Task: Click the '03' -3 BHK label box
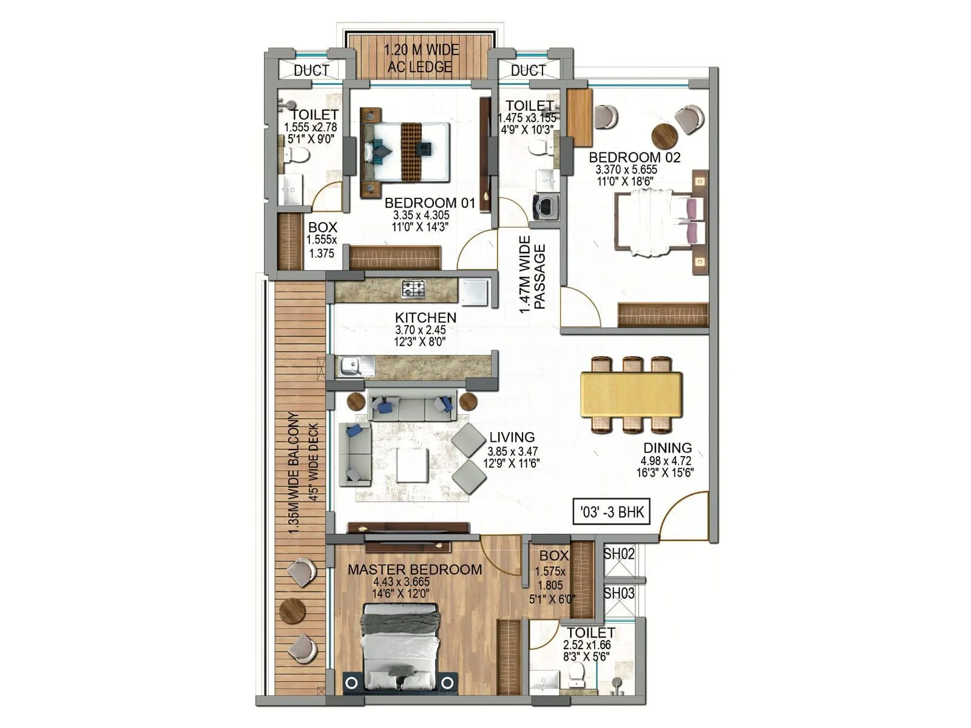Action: click(x=612, y=512)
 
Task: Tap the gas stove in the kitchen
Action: click(x=413, y=289)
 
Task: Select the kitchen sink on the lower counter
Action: click(x=350, y=366)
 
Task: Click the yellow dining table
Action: click(x=631, y=394)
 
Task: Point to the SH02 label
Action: click(x=619, y=554)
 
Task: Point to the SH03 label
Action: click(x=619, y=593)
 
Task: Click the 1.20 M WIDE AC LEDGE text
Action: click(x=421, y=58)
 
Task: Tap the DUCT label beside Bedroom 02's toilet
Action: click(x=528, y=70)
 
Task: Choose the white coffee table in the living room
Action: click(x=413, y=465)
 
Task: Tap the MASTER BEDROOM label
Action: click(x=414, y=570)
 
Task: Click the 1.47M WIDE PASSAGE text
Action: click(x=532, y=275)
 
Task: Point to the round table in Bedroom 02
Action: click(x=665, y=136)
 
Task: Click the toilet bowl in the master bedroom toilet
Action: click(x=575, y=673)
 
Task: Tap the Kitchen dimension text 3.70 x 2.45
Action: click(x=421, y=330)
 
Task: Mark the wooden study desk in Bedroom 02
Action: click(x=580, y=118)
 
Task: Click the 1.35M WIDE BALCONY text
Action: click(x=294, y=473)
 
